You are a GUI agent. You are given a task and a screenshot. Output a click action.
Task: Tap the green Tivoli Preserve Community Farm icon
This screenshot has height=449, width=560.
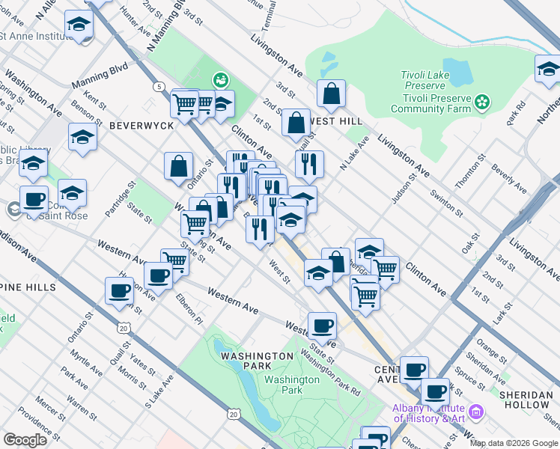click(482, 100)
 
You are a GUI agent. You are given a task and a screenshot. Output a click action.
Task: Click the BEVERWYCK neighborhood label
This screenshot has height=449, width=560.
click(141, 126)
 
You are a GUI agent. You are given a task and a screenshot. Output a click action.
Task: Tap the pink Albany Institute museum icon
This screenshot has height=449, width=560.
click(475, 412)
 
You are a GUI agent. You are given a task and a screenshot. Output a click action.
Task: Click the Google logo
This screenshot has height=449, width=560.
click(25, 440)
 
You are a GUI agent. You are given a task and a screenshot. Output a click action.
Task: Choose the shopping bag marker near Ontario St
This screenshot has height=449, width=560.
click(178, 167)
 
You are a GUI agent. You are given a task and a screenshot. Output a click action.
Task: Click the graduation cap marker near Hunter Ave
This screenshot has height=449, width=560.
click(78, 25)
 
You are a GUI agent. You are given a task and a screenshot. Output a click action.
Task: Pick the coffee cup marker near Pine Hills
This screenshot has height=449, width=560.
click(119, 290)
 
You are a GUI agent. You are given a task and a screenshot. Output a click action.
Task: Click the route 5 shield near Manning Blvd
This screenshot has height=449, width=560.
click(159, 87)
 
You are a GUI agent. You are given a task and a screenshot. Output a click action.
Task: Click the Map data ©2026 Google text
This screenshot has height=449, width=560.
click(513, 443)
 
